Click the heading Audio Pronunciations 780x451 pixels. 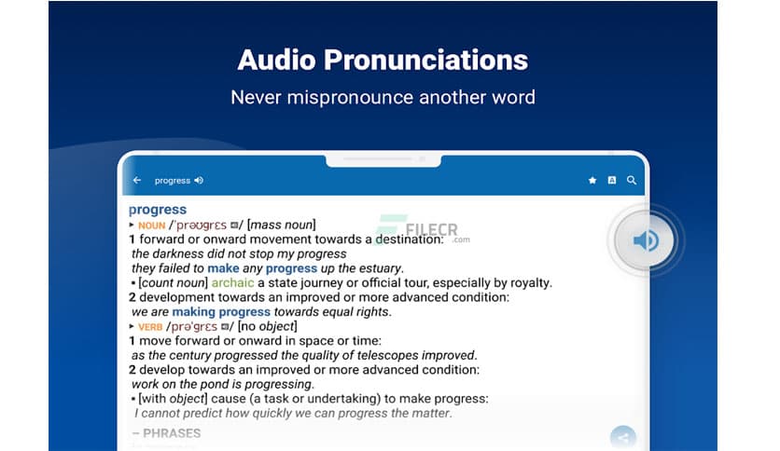point(383,60)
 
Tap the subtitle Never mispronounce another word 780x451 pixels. point(383,97)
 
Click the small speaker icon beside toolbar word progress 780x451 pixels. point(199,181)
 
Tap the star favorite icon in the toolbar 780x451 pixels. point(592,181)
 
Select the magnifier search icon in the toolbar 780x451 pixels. point(632,181)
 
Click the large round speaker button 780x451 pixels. point(646,241)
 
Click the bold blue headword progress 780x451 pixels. point(158,210)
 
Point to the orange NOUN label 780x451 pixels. point(151,225)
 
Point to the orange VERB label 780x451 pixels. point(150,327)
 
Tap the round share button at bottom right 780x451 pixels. point(622,437)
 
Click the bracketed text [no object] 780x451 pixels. point(268,326)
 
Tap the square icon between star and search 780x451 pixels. point(612,181)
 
